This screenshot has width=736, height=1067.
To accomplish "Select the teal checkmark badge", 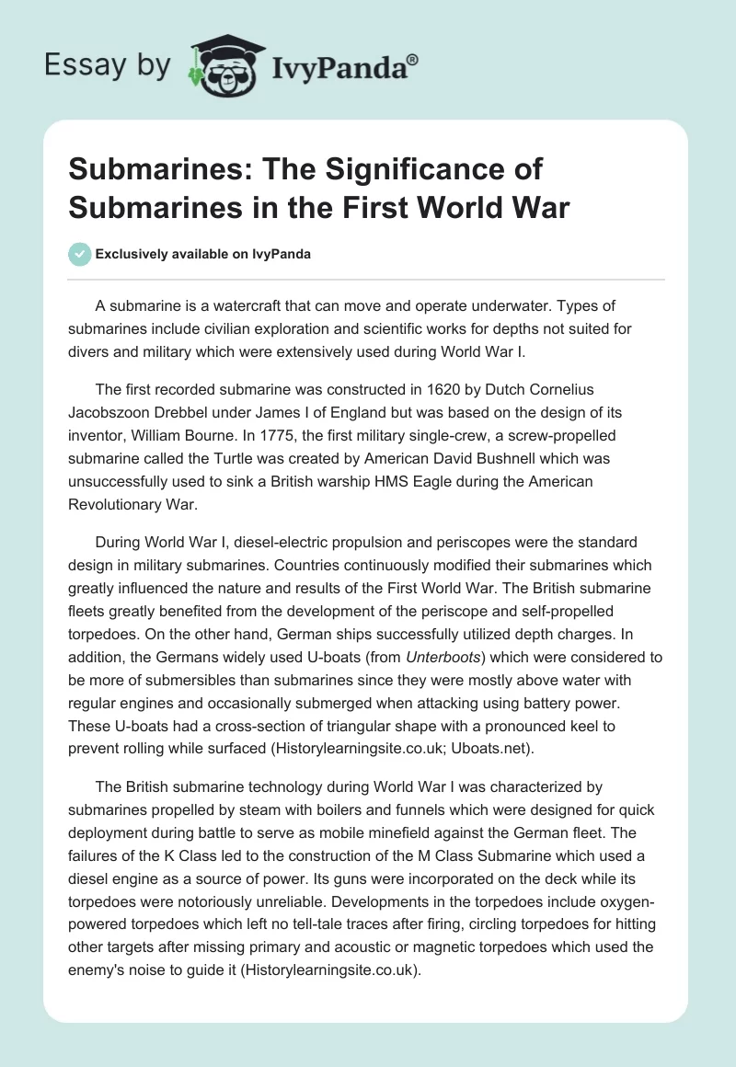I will (x=79, y=255).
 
